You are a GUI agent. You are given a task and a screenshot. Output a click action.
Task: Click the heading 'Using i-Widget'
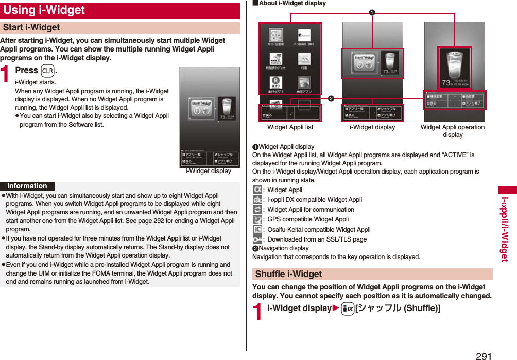[44, 10]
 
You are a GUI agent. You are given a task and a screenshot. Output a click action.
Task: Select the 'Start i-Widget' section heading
[32, 28]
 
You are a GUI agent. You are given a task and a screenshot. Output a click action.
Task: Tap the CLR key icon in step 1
[48, 71]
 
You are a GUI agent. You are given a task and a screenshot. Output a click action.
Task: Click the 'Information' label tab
[27, 186]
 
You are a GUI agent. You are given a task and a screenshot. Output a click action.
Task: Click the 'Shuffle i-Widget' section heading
[289, 274]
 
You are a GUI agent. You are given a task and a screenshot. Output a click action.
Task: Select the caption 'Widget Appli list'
[290, 127]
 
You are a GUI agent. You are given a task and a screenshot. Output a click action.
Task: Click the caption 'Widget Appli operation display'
[452, 131]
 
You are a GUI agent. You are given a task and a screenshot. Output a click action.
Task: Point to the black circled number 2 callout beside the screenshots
[331, 99]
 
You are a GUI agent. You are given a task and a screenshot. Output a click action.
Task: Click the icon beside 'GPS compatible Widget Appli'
[257, 219]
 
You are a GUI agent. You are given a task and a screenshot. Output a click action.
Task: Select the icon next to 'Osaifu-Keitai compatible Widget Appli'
[257, 230]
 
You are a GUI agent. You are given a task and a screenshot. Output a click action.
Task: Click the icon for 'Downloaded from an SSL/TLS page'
[257, 239]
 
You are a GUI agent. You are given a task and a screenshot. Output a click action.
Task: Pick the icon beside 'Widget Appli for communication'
[257, 210]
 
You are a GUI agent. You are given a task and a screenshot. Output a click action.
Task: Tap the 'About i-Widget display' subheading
[291, 4]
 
